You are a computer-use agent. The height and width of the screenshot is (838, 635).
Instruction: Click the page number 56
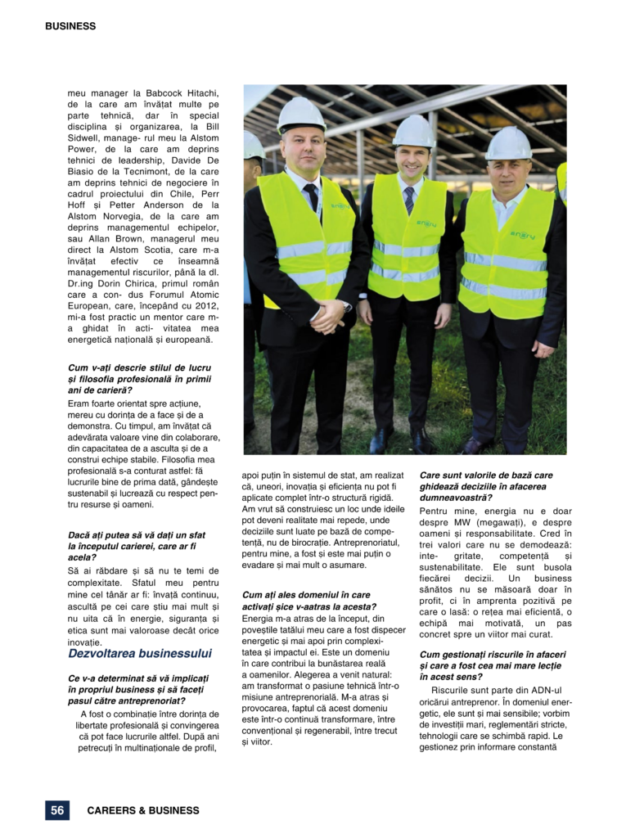57,810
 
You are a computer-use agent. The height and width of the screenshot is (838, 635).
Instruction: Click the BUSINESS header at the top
70,26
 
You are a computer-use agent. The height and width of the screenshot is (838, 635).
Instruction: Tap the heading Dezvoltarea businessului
140,653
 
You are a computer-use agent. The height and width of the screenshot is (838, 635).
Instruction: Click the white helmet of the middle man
412,131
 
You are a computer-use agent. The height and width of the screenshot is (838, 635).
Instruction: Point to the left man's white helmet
301,115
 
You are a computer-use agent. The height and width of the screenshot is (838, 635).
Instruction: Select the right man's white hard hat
508,144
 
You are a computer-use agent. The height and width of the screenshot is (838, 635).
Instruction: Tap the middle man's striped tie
408,200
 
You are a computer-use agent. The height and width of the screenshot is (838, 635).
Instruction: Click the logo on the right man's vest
522,235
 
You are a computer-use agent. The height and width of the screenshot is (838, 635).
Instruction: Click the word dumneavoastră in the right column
457,497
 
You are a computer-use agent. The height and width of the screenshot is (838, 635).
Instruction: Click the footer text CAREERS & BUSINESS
143,810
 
